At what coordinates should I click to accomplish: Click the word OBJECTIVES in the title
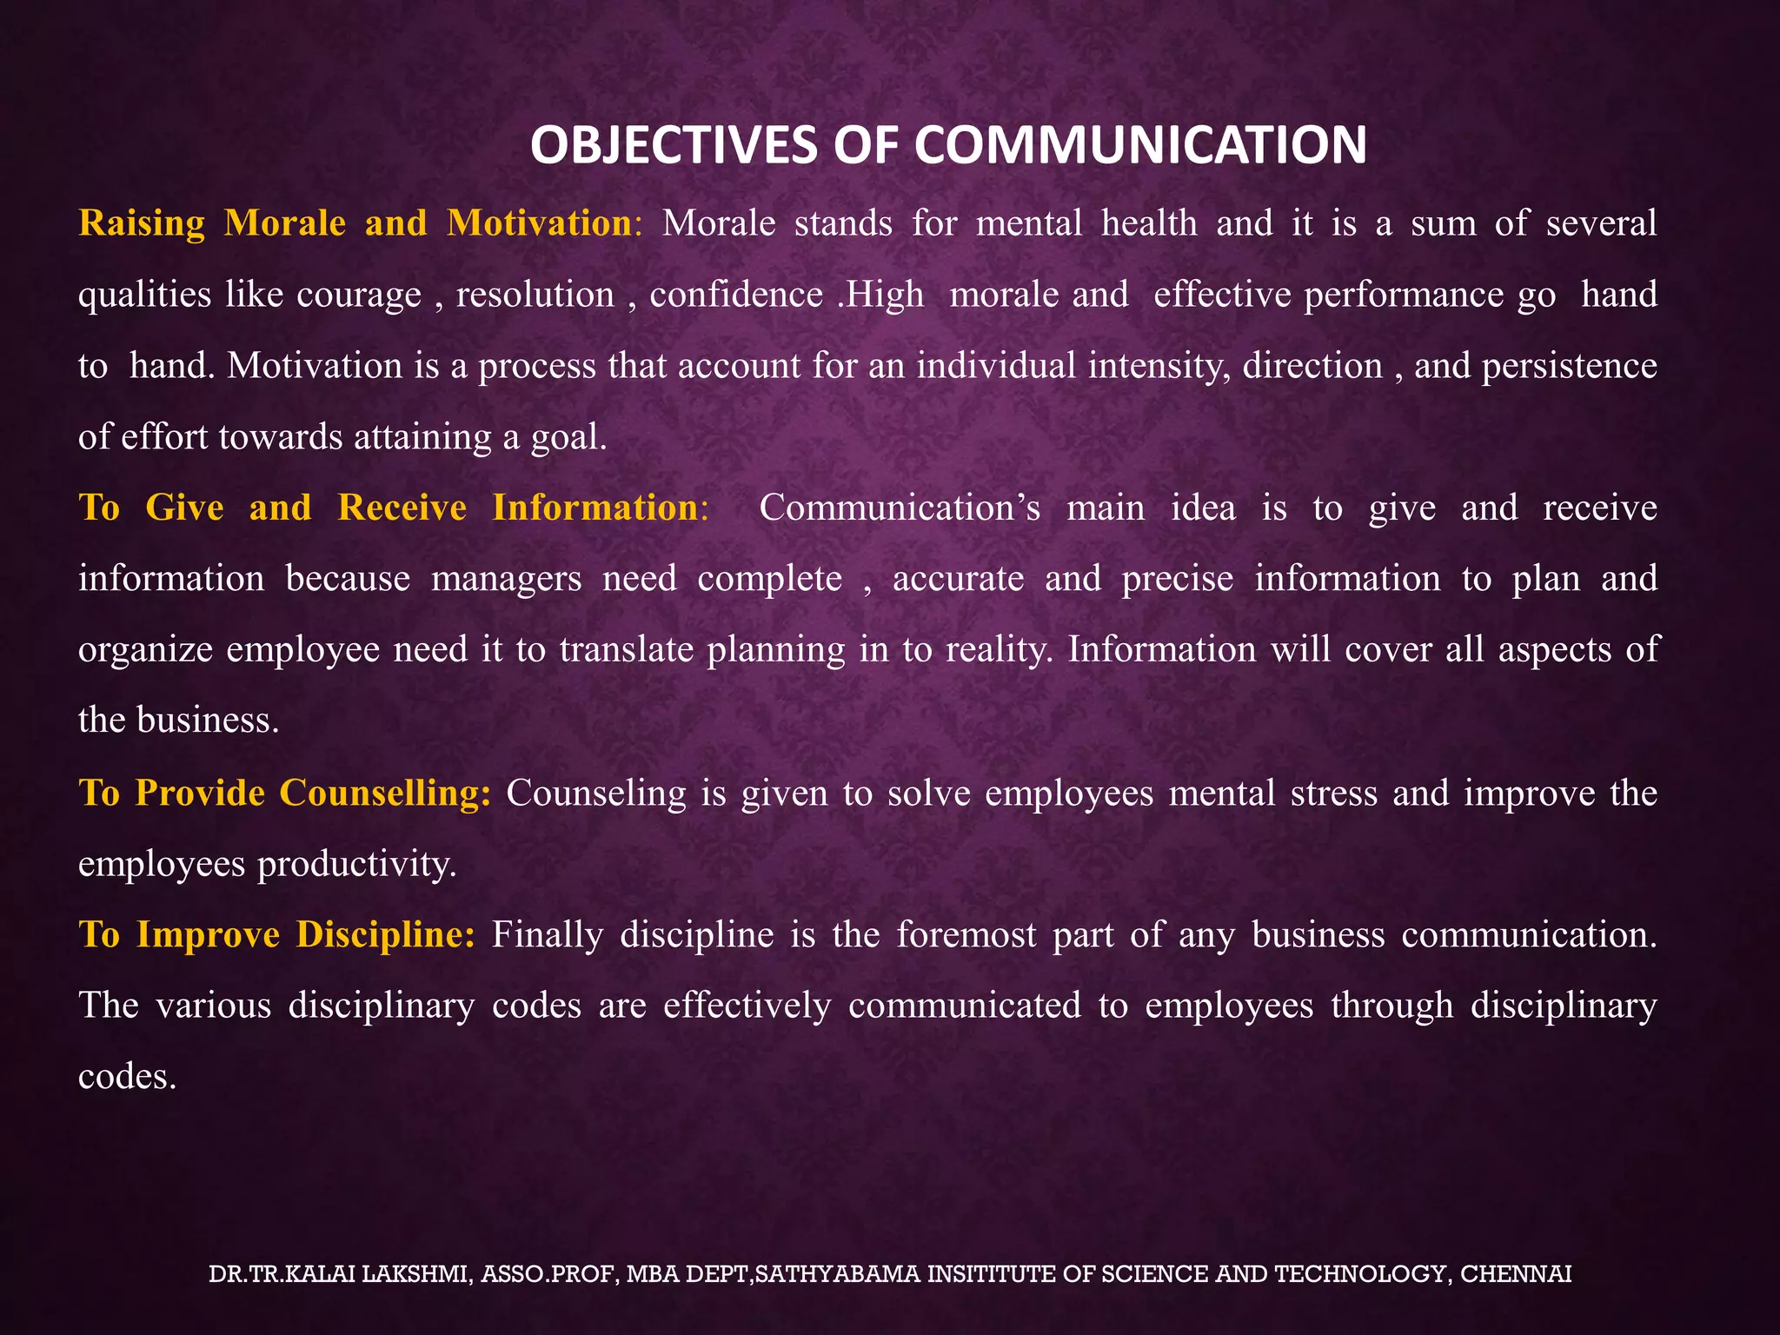pos(674,145)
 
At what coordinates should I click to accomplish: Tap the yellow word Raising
pos(142,224)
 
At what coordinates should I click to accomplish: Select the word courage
pos(359,296)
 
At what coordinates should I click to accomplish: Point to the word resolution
pos(535,296)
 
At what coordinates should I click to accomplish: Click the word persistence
pos(1569,366)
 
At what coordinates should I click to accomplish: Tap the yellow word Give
pos(184,508)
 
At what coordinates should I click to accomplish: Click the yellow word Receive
pos(402,508)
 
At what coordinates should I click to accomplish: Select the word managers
pos(507,579)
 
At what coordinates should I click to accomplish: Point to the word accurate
pos(958,579)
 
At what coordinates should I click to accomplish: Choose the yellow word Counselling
pos(385,793)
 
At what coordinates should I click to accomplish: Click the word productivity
pos(356,864)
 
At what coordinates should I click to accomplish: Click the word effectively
pos(747,1006)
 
